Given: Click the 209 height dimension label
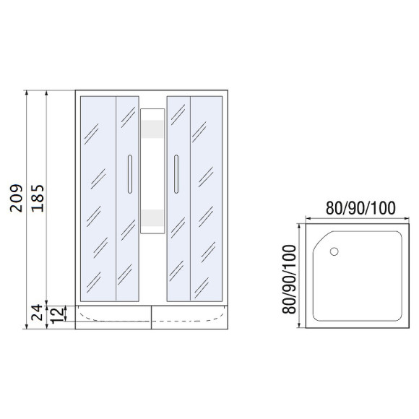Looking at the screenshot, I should point(17,199).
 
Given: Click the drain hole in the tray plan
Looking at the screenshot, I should point(334,251).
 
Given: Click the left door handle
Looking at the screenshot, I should point(129,174).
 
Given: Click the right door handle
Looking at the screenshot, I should point(176,174).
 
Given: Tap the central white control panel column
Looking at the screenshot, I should point(152,171).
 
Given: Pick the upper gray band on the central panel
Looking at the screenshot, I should point(152,129).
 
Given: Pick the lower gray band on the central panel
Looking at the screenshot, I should point(152,217).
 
